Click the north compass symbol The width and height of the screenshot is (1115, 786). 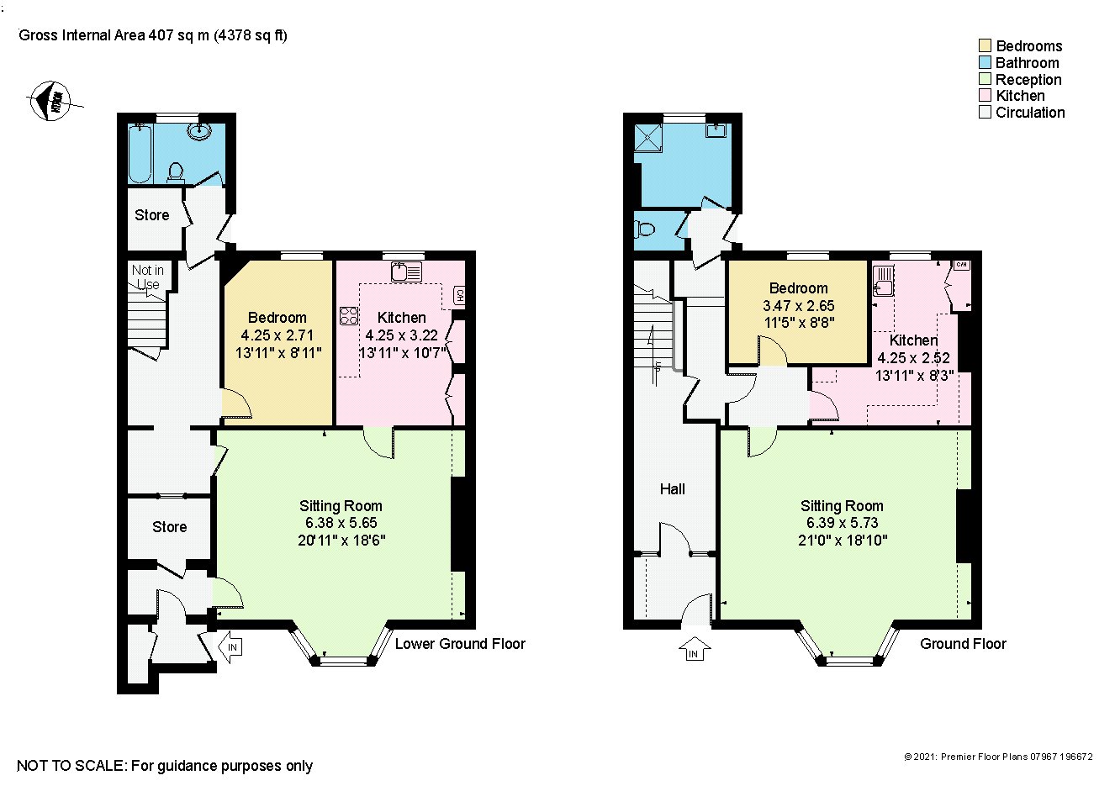tap(50, 102)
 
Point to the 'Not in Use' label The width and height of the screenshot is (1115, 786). tap(148, 277)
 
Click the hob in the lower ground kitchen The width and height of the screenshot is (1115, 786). tap(349, 316)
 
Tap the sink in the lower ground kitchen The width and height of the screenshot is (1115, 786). tap(402, 272)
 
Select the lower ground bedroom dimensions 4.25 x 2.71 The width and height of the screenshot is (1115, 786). tap(277, 335)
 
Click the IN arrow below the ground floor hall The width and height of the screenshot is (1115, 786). tap(694, 650)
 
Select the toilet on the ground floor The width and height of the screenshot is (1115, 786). tap(646, 228)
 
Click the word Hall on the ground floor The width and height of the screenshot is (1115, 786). tap(672, 488)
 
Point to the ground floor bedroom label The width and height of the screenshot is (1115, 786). tap(798, 288)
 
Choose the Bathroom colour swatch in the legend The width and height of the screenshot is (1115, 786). tap(985, 62)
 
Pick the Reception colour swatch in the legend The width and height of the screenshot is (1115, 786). tap(985, 79)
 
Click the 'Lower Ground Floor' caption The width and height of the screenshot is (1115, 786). tap(460, 644)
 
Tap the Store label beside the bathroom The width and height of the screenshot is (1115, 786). tap(152, 215)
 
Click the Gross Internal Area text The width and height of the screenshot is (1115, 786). tap(153, 35)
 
